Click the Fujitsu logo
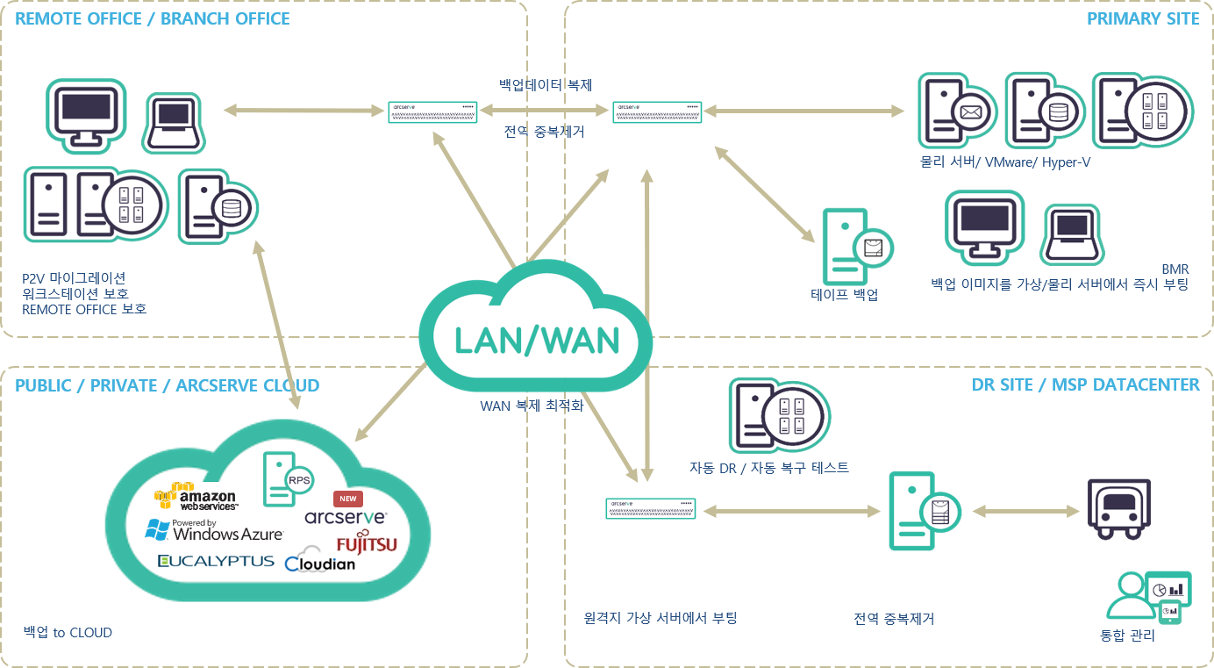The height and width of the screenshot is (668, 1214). click(366, 544)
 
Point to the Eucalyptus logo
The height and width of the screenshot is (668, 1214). click(216, 561)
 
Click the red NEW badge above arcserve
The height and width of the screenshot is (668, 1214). click(348, 499)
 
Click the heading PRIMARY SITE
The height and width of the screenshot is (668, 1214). click(1142, 18)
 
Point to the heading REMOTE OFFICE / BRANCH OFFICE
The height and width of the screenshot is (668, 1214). click(153, 18)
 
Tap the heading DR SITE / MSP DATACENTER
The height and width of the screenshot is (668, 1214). click(1085, 384)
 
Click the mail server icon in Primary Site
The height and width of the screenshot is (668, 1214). click(955, 110)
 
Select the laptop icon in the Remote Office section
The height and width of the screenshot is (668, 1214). click(175, 120)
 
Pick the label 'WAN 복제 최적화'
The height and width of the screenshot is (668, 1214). click(532, 406)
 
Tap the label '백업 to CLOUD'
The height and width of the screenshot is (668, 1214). click(68, 632)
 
